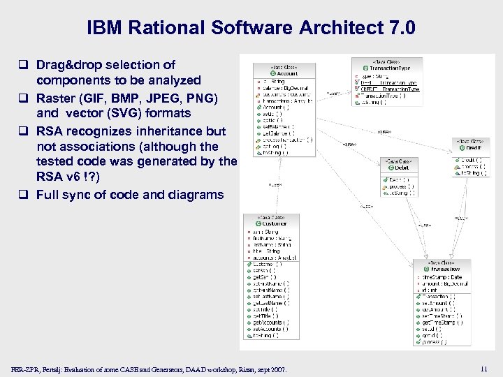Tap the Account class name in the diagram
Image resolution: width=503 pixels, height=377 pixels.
[x=287, y=73]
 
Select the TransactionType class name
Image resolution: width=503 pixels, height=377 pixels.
[x=394, y=68]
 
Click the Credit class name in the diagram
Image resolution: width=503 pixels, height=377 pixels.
[x=472, y=147]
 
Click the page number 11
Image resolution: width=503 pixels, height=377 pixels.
[x=484, y=368]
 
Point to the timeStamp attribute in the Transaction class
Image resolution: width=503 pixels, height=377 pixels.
[x=440, y=277]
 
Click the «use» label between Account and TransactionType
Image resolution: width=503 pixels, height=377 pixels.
[x=333, y=92]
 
